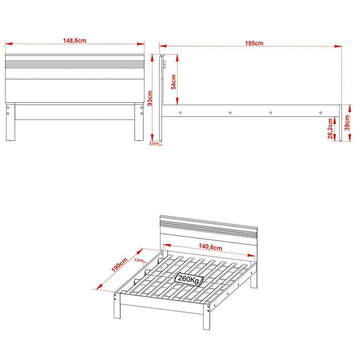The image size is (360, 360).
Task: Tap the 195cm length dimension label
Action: tap(254, 43)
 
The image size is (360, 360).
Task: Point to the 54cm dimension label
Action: tap(173, 81)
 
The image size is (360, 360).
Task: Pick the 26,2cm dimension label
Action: tap(330, 128)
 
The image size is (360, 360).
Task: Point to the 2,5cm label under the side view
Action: tap(154, 143)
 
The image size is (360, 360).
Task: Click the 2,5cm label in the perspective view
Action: tap(139, 260)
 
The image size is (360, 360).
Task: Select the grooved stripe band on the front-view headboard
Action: tap(75, 63)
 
